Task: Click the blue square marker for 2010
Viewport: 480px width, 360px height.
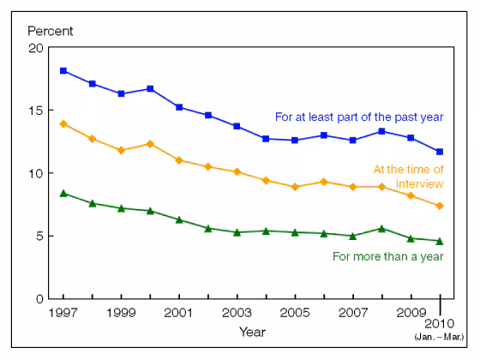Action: (x=440, y=152)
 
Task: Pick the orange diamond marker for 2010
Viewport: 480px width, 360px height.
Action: (x=440, y=206)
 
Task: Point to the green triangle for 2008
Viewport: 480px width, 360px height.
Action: (x=381, y=228)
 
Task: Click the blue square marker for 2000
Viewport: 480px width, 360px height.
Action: (x=151, y=88)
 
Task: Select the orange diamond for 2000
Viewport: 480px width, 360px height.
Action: (x=151, y=144)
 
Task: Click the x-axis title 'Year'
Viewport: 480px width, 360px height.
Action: (x=251, y=331)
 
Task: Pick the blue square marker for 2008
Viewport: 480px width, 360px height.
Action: (x=381, y=131)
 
